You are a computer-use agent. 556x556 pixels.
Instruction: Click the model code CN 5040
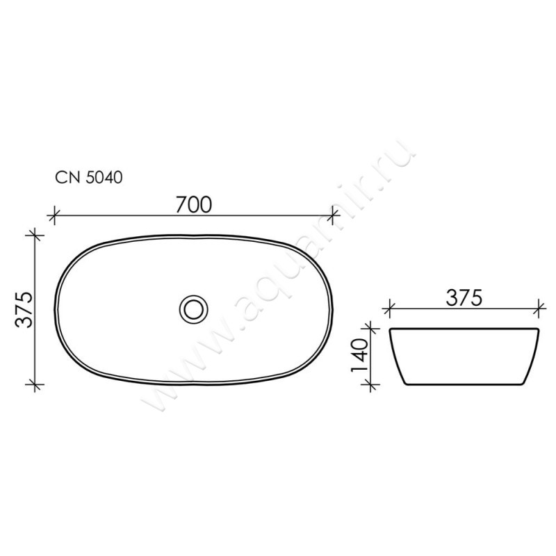coord(89,177)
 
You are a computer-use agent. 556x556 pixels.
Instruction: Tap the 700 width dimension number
coord(194,204)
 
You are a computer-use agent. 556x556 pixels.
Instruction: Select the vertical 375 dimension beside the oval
coord(24,309)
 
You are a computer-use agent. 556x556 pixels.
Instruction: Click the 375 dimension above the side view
coord(464,298)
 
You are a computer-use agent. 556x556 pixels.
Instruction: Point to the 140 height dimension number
coord(359,355)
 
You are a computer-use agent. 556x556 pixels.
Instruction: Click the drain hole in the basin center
coord(193,309)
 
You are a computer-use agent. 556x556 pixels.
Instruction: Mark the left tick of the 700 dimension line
coord(54,215)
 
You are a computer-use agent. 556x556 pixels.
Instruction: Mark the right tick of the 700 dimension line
coord(333,215)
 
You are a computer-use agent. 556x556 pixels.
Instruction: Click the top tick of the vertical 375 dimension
coord(35,235)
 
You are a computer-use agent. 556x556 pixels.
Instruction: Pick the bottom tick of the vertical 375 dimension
coord(35,384)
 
